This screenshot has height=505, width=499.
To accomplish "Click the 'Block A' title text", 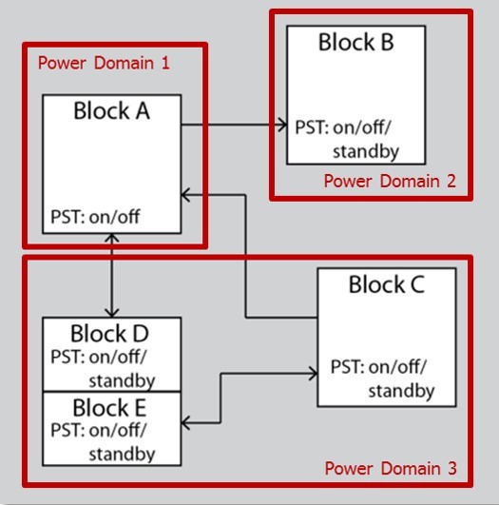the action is tap(112, 110).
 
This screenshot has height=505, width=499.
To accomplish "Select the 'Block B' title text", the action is tap(356, 42).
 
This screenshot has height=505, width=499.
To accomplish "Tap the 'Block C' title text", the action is tap(387, 284).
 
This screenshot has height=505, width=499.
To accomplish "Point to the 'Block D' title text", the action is tap(109, 334).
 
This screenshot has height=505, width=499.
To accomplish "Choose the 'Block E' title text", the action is tap(109, 408).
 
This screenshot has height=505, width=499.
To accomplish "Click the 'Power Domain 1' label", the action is tap(104, 63).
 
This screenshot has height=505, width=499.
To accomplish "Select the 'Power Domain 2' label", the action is tap(390, 181).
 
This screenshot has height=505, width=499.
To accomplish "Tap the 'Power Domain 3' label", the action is tap(391, 468).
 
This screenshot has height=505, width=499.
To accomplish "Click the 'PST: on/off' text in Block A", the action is tap(95, 217).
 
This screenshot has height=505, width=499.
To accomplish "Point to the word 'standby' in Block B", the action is tap(366, 151).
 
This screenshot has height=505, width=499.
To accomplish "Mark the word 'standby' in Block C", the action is tap(401, 391).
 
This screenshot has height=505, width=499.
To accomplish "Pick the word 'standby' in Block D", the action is tap(122, 380).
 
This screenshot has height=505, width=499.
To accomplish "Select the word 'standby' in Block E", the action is tap(122, 454).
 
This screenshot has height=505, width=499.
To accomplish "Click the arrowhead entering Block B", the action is tap(282, 125).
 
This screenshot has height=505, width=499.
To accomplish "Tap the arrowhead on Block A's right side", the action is tap(185, 195).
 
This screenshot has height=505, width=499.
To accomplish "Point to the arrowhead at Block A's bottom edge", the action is tap(112, 238).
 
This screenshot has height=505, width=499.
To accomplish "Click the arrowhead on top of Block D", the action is tap(112, 313).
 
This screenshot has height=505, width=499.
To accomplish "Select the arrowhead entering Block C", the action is tap(314, 374).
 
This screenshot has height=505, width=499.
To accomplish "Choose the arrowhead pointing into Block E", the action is tap(185, 423).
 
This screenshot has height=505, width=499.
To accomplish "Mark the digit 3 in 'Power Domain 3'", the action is tap(452, 468).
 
